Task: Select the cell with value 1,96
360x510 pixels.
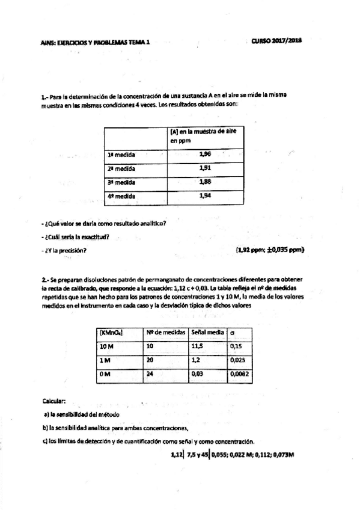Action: pyautogui.click(x=205, y=154)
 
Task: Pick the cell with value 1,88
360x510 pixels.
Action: pyautogui.click(x=205, y=182)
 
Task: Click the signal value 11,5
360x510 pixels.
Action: pyautogui.click(x=198, y=347)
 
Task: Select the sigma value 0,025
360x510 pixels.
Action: pyautogui.click(x=239, y=361)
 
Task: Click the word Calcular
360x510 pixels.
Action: pyautogui.click(x=53, y=401)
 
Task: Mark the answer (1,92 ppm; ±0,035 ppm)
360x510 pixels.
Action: pyautogui.click(x=270, y=250)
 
